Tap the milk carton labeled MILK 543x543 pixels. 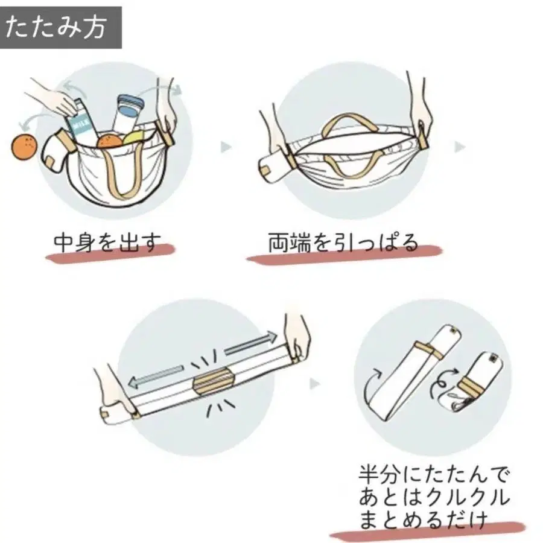[80, 124]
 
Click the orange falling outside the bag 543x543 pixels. [24, 148]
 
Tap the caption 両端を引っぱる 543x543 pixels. [343, 242]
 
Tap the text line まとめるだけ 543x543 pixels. [422, 519]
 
